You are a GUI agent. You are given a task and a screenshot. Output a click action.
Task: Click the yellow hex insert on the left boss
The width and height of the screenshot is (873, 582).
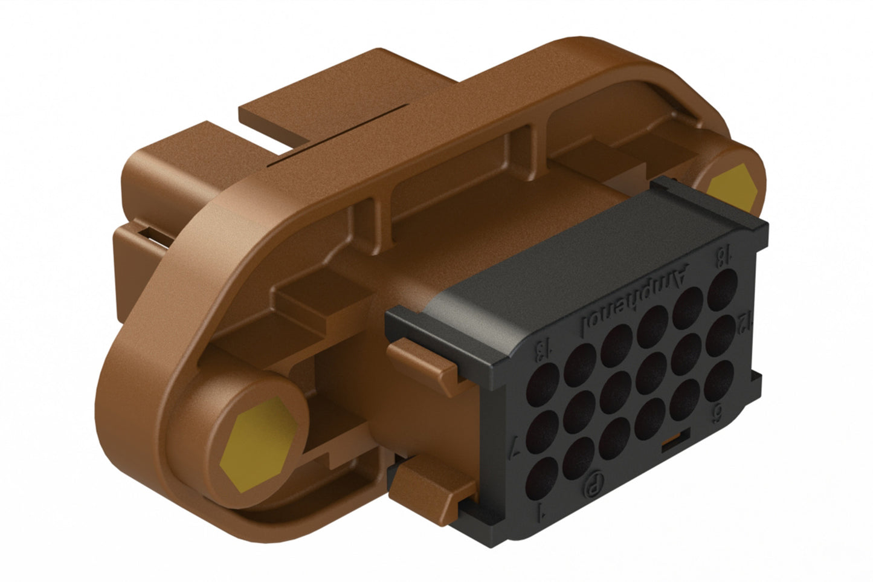(259, 443)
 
